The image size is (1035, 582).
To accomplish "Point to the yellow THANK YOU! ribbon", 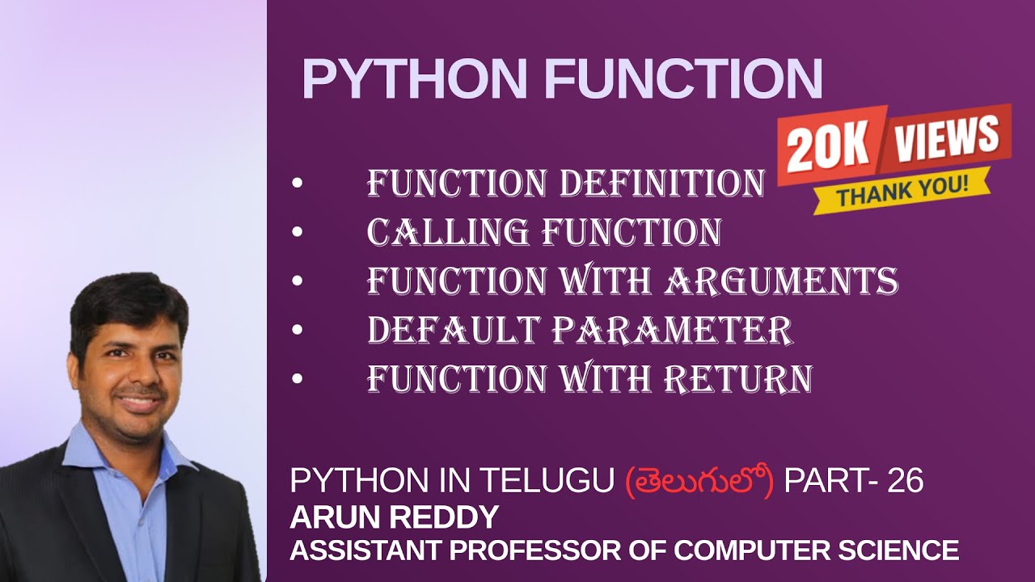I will click(x=901, y=192).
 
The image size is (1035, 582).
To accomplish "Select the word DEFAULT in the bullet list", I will click(x=453, y=330).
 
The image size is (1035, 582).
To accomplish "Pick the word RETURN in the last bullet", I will click(x=737, y=378).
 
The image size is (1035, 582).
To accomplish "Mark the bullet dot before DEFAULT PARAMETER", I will click(x=298, y=331).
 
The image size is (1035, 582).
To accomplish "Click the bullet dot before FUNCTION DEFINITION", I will click(x=298, y=185).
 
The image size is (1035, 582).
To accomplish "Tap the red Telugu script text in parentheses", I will click(x=700, y=482).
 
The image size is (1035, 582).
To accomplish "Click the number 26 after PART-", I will click(x=906, y=482).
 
